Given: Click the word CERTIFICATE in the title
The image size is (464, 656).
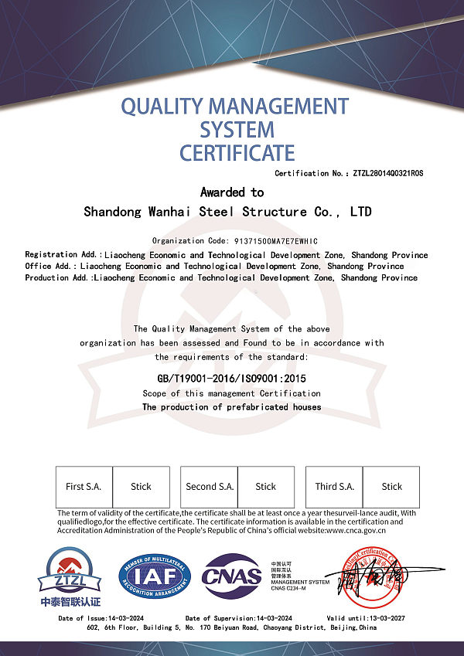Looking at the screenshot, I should point(237,152).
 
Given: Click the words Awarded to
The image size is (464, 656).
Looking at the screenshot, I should point(232,192).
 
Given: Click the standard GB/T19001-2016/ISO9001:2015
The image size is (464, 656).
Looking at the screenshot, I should point(232,379).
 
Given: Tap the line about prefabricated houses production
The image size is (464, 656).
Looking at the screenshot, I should point(231,406).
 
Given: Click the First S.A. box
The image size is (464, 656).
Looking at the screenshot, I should point(84,487).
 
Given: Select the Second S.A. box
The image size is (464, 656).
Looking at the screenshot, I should point(209,487).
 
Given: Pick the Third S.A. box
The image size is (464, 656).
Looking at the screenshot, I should point(335,487).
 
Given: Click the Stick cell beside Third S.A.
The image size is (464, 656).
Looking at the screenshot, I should point(392,487).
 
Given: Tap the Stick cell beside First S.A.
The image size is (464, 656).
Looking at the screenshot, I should point(141,487).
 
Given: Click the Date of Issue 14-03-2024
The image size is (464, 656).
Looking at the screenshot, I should point(101,618).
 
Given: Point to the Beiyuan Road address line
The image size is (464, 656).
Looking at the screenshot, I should point(231,628).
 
